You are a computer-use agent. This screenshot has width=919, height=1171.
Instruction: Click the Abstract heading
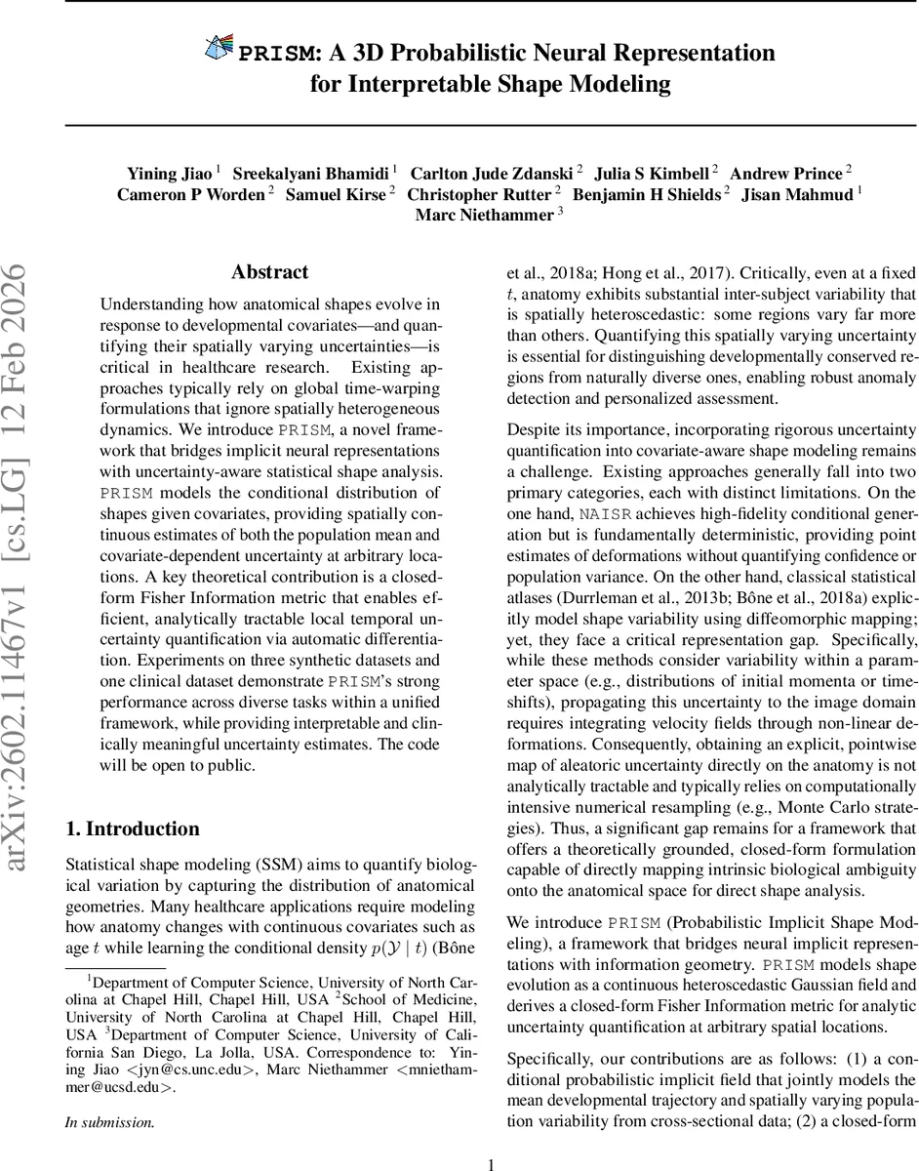pos(269,272)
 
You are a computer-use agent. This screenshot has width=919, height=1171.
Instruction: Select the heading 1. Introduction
pos(132,802)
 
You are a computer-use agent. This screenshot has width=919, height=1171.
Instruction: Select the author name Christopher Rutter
pos(480,194)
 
